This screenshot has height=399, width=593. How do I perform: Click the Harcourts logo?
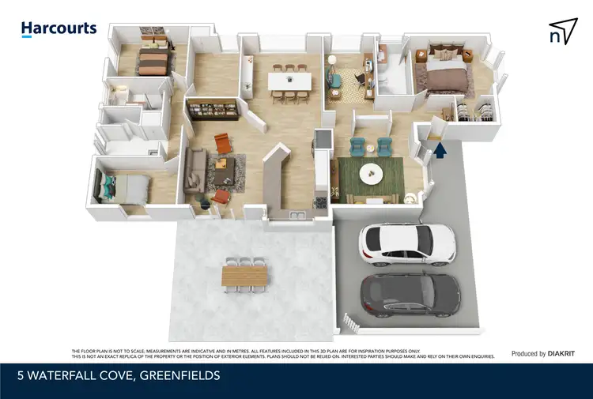[x=59, y=28]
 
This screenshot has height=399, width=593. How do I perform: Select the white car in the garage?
[x=407, y=242]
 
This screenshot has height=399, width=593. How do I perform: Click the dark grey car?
[x=410, y=293]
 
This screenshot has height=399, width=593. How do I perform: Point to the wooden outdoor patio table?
[x=245, y=275]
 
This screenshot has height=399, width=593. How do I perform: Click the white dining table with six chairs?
[x=289, y=81]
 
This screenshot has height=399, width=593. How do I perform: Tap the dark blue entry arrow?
[x=441, y=149]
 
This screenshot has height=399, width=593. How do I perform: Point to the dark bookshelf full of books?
[x=212, y=109]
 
